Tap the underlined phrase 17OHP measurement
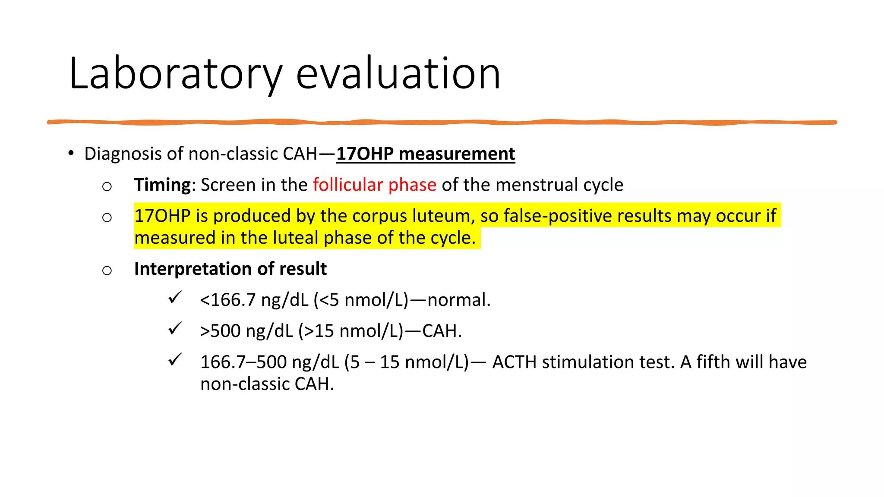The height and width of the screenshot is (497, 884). point(426,154)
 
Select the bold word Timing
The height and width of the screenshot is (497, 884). point(162,185)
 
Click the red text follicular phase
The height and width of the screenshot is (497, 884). point(375,185)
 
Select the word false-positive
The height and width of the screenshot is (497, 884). point(556,216)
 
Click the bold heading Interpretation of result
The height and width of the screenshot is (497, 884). point(230,269)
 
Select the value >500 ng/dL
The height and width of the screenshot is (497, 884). point(246,331)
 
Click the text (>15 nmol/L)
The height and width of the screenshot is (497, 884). point(350,331)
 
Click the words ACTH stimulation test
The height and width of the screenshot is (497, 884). point(583,362)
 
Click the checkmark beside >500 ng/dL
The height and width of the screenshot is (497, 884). point(175,329)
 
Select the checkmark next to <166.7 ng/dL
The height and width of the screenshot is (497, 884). point(175,298)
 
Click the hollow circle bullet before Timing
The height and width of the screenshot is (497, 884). point(107,186)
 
